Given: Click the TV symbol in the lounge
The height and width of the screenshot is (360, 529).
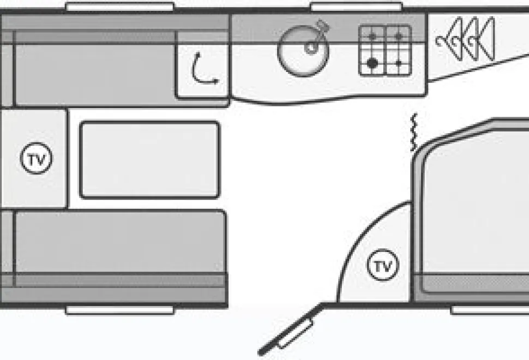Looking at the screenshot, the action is point(37,158).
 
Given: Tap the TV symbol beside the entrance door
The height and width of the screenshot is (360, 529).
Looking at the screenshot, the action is point(383,265).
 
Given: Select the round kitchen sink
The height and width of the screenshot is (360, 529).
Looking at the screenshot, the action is point(303,51).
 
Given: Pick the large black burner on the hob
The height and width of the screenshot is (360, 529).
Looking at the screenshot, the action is point(372,63).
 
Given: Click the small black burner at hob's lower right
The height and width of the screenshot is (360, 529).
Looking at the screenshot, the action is point(399,63).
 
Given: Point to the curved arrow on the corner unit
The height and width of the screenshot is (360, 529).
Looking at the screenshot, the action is point(203,69).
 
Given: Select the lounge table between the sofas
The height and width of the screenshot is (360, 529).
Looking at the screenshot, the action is point(150,160).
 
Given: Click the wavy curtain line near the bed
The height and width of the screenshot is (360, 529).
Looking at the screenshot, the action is point(414,132).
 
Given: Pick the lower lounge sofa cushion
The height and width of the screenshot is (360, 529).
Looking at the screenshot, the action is point(121,241).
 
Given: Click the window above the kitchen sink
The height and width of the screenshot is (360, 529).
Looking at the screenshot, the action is point(356,7).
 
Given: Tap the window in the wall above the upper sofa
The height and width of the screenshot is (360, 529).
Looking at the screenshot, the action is point(120,7).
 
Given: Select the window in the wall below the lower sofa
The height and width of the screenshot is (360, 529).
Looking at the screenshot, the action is point(120,310).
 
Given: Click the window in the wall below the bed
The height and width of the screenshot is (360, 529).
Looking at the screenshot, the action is point(490,310).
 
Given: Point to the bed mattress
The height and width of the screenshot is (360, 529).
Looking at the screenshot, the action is point(476,209).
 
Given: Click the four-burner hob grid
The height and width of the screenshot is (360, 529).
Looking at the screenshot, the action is point(385,51).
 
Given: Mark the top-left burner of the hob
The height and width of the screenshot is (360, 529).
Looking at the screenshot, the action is point(372,37).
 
